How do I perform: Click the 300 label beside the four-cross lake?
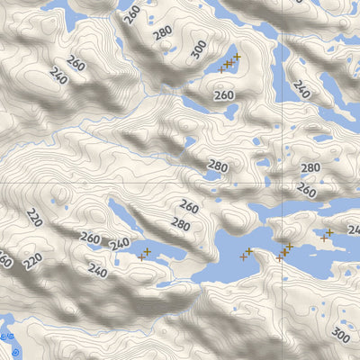[199, 50]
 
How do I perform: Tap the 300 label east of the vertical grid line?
[339, 336]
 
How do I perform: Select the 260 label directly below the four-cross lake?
[224, 94]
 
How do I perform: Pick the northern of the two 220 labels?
[34, 217]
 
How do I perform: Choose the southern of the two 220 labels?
[32, 262]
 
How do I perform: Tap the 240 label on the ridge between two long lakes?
[119, 244]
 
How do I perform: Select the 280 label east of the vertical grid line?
[310, 168]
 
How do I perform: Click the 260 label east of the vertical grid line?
[306, 191]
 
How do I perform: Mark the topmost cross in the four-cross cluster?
[238, 57]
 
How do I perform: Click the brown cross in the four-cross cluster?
[221, 68]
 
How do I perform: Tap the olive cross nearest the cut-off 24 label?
[329, 232]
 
